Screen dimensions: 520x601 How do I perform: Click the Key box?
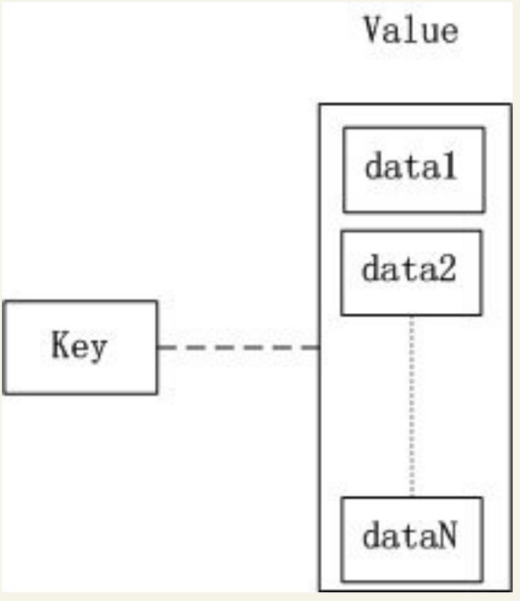click(x=79, y=347)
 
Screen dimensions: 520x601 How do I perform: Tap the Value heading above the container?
click(x=411, y=30)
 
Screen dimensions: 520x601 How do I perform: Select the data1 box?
click(x=414, y=170)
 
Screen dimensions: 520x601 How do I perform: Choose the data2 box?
click(x=412, y=273)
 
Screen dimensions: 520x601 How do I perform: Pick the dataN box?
click(x=412, y=540)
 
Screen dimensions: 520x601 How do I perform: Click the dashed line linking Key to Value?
click(x=238, y=347)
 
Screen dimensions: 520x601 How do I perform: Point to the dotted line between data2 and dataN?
click(x=412, y=406)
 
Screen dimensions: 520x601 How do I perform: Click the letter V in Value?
click(x=373, y=30)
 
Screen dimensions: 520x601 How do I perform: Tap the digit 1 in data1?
click(x=449, y=166)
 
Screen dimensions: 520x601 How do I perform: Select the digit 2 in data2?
click(x=447, y=268)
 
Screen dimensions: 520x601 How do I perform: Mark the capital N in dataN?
click(x=447, y=535)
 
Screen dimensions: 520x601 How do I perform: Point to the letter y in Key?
click(x=97, y=350)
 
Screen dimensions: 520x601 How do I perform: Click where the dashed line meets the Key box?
click(x=158, y=347)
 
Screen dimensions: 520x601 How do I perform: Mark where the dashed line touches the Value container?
click(x=320, y=347)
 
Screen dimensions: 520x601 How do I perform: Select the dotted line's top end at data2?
click(x=412, y=317)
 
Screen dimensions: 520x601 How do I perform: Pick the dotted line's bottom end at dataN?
click(x=412, y=497)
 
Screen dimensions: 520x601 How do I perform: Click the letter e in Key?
click(x=79, y=348)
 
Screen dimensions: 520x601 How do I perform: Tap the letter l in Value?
click(x=411, y=30)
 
